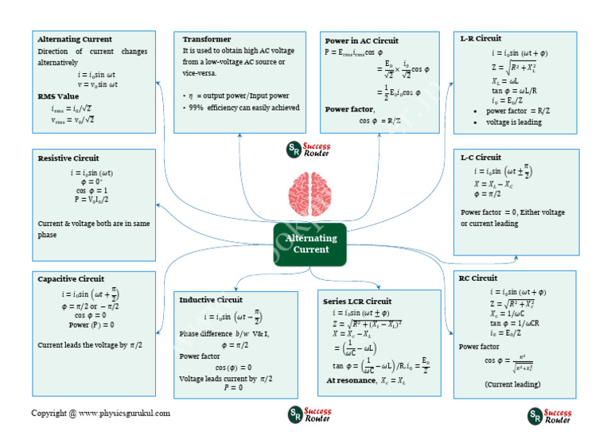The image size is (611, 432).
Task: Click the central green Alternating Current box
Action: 310,243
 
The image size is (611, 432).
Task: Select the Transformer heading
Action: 206,39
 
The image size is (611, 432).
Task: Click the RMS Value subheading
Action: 58,96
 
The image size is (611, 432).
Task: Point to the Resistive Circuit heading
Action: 68,158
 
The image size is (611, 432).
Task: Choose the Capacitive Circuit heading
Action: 71,278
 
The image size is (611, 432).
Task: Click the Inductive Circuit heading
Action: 211,300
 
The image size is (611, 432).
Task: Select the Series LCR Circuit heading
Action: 357,302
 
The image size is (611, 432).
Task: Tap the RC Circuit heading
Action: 478,278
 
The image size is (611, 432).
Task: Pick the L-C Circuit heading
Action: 481,158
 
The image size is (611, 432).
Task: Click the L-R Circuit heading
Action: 481,38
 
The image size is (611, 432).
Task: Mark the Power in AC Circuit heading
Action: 362,41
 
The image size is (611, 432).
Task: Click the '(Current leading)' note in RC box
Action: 513,383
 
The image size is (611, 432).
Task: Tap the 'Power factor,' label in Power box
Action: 349,109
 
